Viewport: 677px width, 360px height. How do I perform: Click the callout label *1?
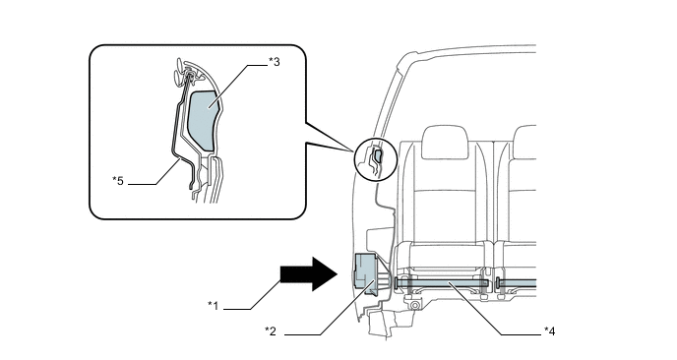pyautogui.click(x=213, y=306)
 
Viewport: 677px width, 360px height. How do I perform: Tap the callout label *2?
pyautogui.click(x=271, y=331)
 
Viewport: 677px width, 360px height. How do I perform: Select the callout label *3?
pyautogui.click(x=275, y=62)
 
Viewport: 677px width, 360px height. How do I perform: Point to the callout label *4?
pyautogui.click(x=550, y=331)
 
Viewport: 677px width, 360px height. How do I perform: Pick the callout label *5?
pyautogui.click(x=118, y=181)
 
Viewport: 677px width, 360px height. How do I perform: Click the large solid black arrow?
pyautogui.click(x=309, y=274)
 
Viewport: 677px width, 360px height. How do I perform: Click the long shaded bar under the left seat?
pyautogui.click(x=442, y=282)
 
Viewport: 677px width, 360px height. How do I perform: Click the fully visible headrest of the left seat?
pyautogui.click(x=446, y=143)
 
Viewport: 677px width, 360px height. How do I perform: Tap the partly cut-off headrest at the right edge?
pyautogui.click(x=524, y=143)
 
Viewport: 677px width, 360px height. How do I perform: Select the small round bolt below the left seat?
pyautogui.click(x=415, y=306)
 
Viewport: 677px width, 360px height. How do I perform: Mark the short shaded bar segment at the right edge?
pyautogui.click(x=518, y=282)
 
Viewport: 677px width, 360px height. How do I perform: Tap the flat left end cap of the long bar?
pyautogui.click(x=396, y=283)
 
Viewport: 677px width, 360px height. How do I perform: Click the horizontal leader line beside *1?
pyautogui.click(x=236, y=309)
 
